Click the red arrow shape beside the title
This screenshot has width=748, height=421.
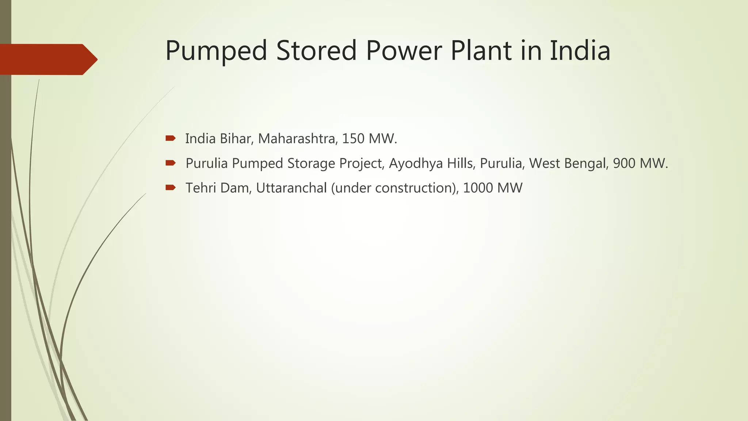[47, 59]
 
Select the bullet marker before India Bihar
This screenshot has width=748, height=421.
[170, 138]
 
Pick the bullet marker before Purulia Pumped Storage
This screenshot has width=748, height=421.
[170, 163]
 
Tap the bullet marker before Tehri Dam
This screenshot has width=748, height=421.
[170, 187]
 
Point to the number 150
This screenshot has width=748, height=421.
[353, 139]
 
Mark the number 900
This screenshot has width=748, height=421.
[624, 163]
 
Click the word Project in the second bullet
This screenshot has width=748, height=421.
[361, 163]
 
